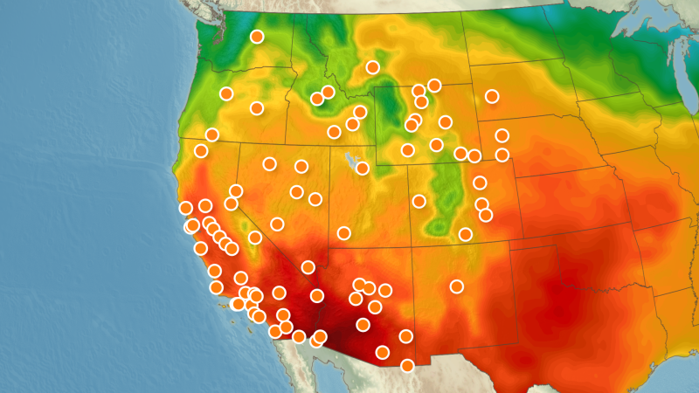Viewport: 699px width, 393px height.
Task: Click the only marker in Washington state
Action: click(x=257, y=37)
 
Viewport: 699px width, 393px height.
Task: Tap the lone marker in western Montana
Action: click(x=373, y=67)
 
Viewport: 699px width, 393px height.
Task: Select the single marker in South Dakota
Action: click(x=492, y=96)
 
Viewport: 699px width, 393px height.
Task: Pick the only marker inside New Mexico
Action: click(x=456, y=286)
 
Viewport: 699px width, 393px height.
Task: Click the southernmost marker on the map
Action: click(x=407, y=366)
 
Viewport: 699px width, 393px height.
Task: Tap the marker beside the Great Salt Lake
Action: click(x=363, y=169)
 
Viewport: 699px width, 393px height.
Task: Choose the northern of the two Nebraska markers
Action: click(x=502, y=135)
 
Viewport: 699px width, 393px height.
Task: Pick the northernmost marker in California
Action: click(x=201, y=151)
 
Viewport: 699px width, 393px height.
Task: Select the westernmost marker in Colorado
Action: click(x=419, y=202)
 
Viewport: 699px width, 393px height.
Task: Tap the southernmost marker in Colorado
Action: click(x=466, y=234)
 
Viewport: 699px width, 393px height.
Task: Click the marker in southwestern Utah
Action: click(x=344, y=233)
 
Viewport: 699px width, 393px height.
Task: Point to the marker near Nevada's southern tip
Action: click(x=308, y=267)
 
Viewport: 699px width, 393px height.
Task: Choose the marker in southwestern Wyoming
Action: click(x=407, y=150)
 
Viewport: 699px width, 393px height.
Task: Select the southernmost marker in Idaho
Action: click(x=334, y=132)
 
